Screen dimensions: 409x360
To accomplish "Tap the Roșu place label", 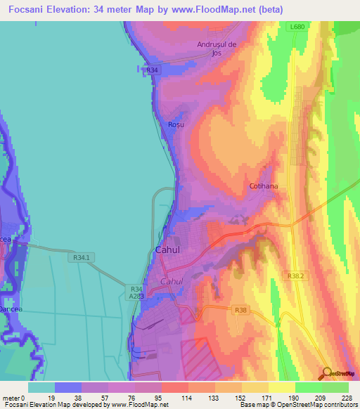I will (x=176, y=124).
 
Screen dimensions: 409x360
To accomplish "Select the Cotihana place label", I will (x=264, y=186).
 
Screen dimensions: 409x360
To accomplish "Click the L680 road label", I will (x=297, y=27).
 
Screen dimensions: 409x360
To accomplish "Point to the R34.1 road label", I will (x=82, y=258).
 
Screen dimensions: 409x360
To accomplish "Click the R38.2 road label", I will (x=295, y=276).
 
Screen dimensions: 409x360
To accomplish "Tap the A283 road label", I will (x=136, y=296).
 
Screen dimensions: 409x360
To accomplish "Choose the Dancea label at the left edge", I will (x=10, y=309).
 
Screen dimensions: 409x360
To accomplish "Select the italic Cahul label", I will (x=172, y=281).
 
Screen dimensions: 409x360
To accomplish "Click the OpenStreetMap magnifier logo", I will (x=328, y=372).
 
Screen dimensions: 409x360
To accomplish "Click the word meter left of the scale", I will (x=10, y=398).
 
